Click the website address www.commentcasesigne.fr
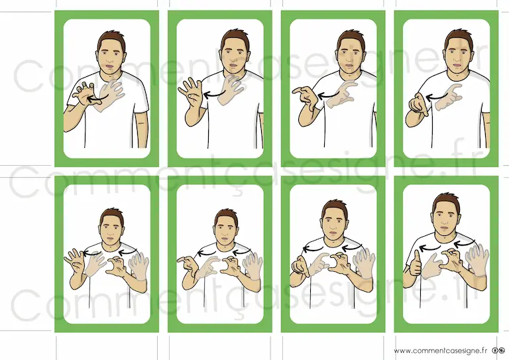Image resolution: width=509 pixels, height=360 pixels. (441, 351)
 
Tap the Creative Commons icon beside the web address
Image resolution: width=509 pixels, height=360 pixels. (498, 351)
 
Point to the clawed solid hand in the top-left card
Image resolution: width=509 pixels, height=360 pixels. (84, 93)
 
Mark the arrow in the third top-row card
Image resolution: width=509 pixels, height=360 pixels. (329, 95)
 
